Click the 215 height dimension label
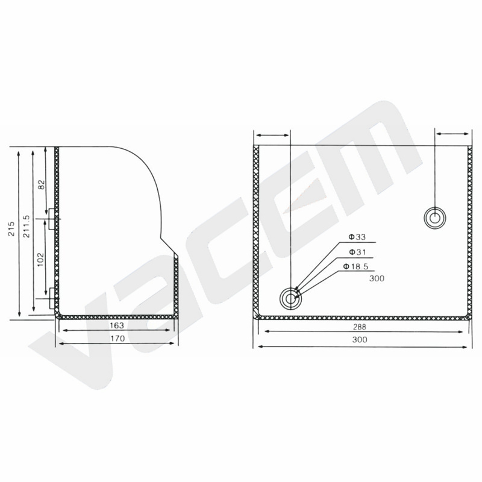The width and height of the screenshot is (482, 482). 11,228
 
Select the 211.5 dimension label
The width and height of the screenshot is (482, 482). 27,227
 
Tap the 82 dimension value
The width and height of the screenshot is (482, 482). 42,185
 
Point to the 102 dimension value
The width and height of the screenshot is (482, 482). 41,260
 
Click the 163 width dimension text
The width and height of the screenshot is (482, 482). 117,325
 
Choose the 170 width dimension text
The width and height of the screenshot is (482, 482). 117,339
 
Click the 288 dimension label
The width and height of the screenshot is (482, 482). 359,327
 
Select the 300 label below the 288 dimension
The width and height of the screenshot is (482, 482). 360,340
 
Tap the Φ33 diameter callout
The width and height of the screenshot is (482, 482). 357,237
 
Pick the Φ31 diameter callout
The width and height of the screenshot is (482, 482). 357,252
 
